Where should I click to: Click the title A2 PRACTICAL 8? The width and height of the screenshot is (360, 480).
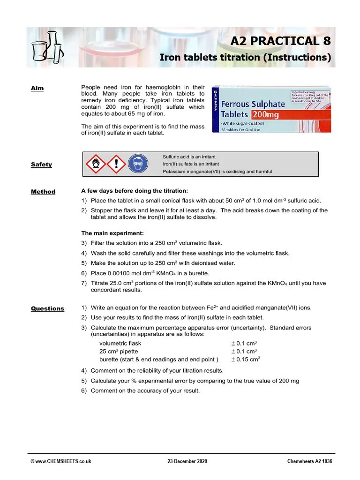[x=280, y=41]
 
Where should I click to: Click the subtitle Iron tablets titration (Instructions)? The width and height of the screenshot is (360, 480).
[x=245, y=58]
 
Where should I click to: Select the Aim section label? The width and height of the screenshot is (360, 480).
[x=37, y=88]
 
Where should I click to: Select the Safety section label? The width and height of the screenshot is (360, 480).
[x=41, y=165]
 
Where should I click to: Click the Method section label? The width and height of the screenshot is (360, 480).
[x=43, y=192]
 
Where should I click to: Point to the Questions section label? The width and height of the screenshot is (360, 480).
[x=47, y=308]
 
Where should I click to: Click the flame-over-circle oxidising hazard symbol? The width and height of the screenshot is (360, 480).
[x=95, y=164]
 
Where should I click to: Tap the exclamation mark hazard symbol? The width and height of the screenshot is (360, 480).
[x=117, y=164]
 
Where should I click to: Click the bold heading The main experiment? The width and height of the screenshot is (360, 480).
[x=112, y=233]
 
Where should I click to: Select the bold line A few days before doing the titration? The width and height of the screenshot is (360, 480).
[x=135, y=191]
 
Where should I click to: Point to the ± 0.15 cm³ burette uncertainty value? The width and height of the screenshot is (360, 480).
[x=245, y=360]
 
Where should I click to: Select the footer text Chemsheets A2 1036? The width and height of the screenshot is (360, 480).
[x=309, y=462]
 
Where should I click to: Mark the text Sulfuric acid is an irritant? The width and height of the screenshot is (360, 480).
[x=189, y=157]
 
